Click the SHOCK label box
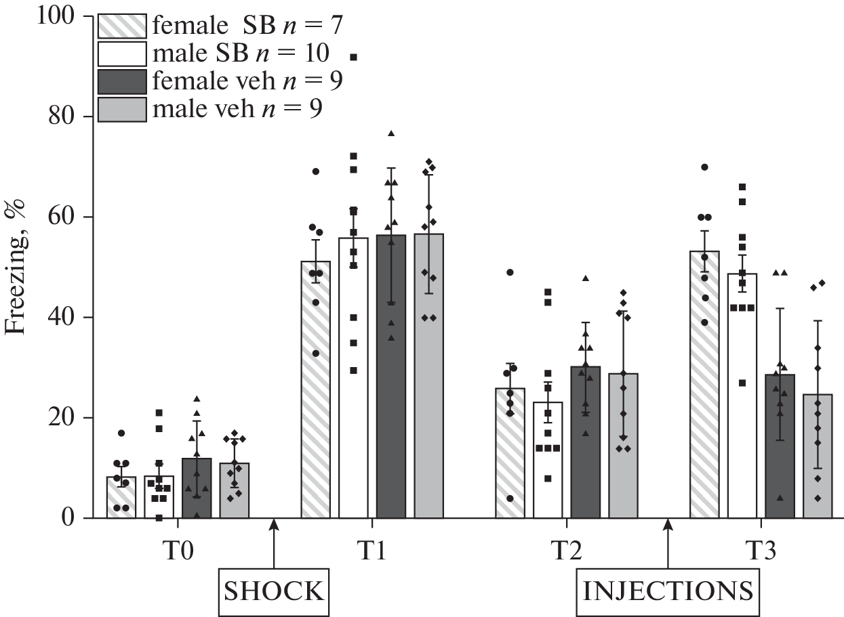[x=273, y=591]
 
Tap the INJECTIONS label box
[x=668, y=591]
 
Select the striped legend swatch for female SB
[x=123, y=27]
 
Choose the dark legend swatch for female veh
[x=123, y=81]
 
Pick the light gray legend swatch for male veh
[x=123, y=108]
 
